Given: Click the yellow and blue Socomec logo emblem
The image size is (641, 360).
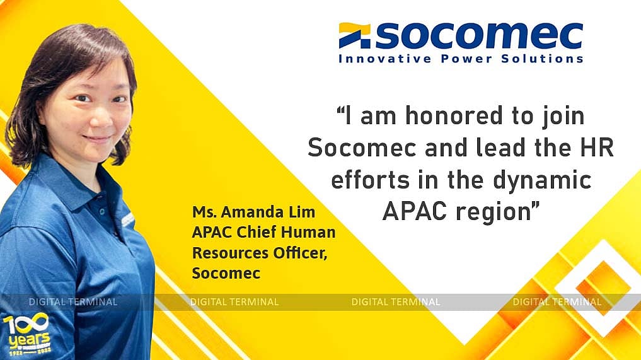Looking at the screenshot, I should tap(354, 36).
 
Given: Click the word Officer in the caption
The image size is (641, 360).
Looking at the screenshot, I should tap(289, 253).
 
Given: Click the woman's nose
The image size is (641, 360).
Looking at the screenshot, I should tap(98, 117).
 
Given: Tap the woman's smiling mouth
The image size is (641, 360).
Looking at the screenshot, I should tap(96, 138).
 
